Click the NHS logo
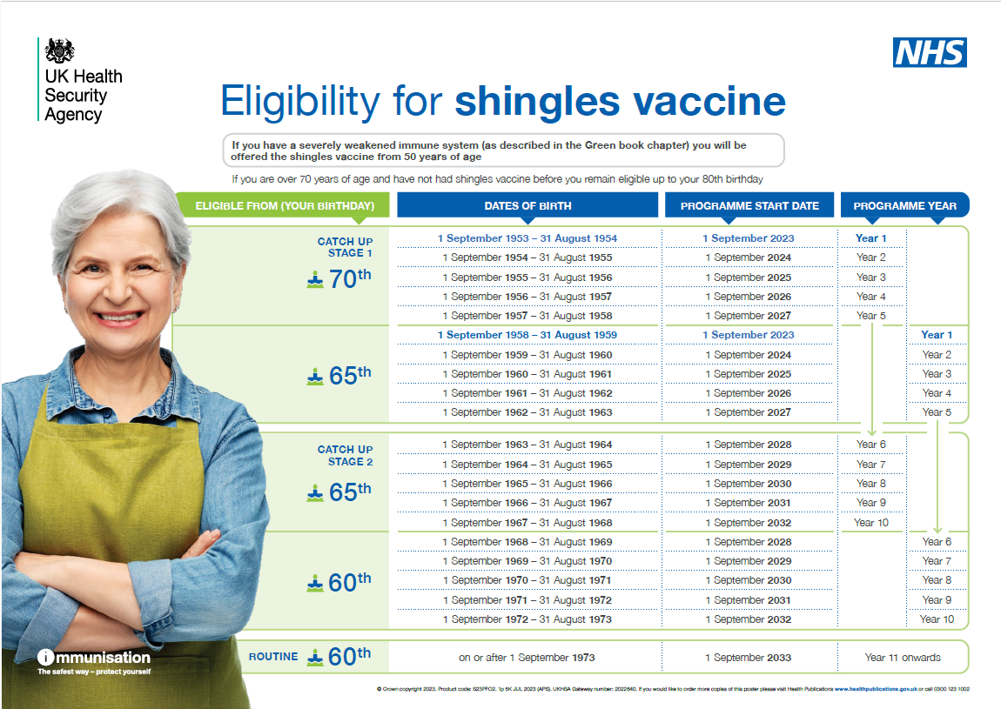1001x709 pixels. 930,53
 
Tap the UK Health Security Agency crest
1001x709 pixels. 60,50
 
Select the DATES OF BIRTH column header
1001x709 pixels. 527,206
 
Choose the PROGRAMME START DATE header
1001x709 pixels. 749,206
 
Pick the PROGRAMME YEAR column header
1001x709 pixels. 904,206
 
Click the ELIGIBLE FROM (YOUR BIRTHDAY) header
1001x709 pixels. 285,206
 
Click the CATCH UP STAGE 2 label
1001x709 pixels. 345,455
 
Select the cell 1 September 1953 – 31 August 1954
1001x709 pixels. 527,238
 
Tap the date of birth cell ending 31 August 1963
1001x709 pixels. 527,412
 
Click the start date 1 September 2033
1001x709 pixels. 749,658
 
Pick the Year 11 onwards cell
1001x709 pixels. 903,658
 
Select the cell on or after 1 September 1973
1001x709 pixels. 527,658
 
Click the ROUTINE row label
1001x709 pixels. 273,657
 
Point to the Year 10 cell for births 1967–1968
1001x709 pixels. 870,523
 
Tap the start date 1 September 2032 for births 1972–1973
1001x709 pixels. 749,619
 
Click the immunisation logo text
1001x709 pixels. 94,658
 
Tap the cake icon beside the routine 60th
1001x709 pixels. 315,658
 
